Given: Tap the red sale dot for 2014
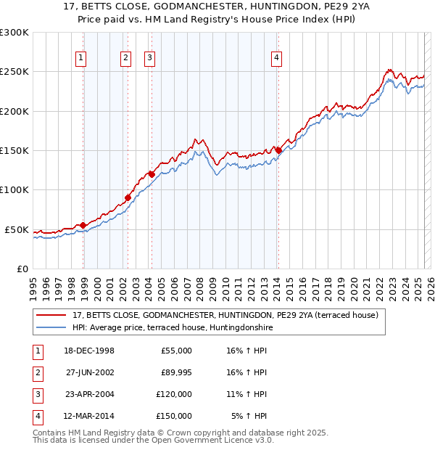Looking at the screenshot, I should [278, 150].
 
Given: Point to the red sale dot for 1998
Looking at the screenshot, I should [83, 225].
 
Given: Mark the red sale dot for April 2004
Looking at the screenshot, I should [152, 174].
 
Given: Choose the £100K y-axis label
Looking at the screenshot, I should [14, 189].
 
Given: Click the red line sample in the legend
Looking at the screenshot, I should [51, 316].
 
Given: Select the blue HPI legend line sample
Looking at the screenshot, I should [51, 328].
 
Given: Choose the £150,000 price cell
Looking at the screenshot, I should [173, 416].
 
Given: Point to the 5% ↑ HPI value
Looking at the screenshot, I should [249, 416].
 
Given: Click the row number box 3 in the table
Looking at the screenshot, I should [36, 394].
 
